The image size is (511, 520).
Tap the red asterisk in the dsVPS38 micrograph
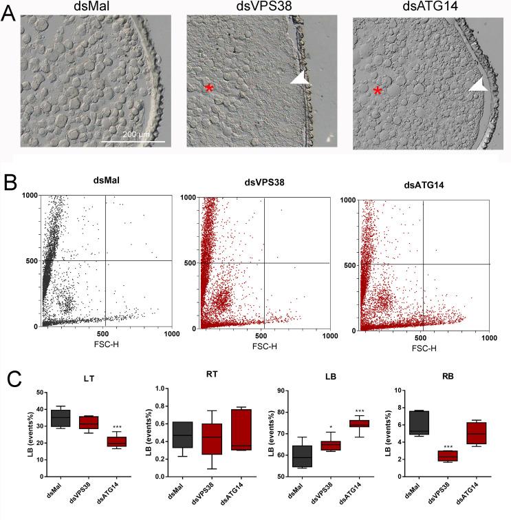[208, 87]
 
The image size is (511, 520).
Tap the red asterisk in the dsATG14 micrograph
[377, 92]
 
